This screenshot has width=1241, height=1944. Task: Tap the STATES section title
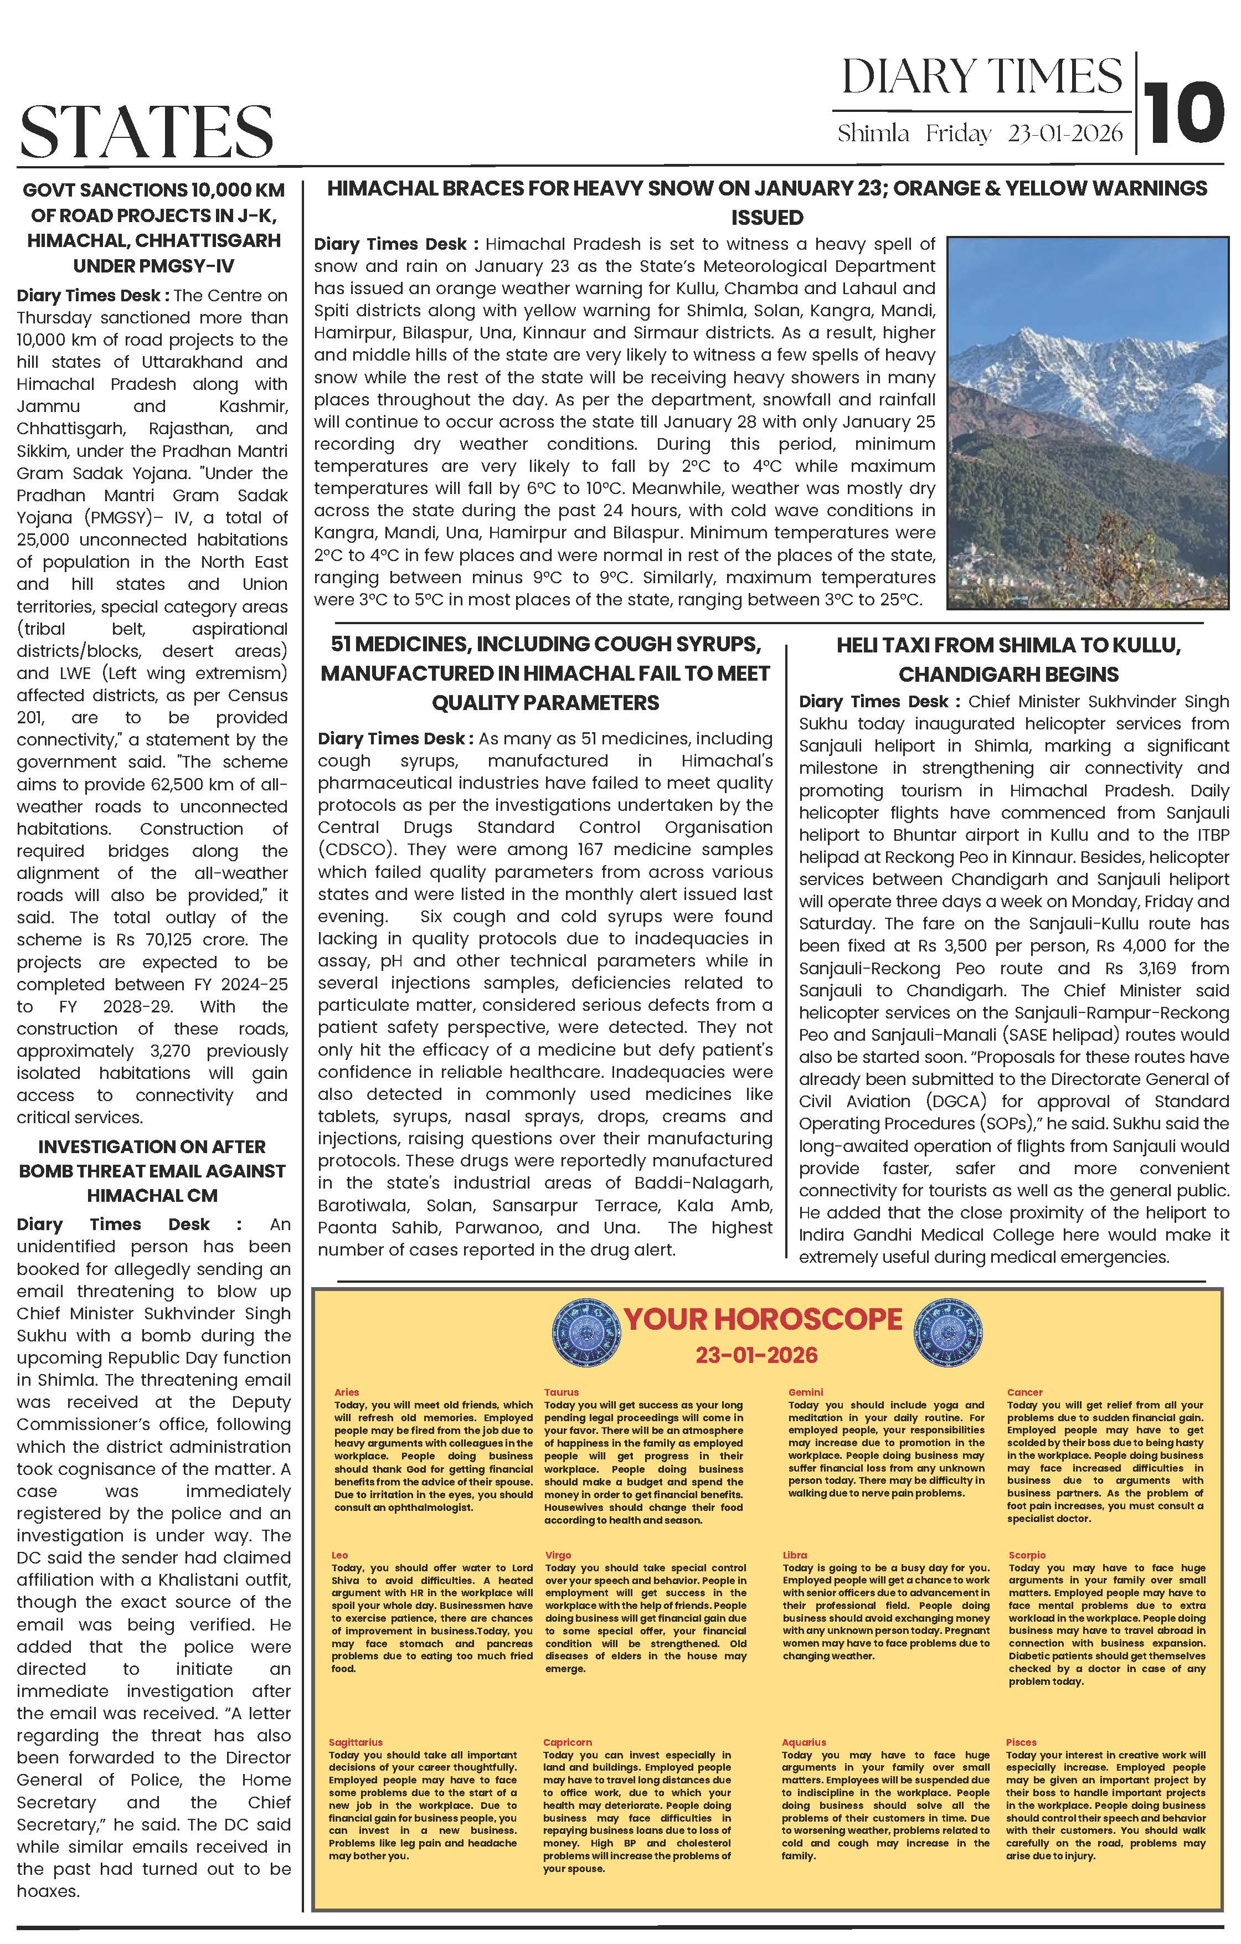point(146,131)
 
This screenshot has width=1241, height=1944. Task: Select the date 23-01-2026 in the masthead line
point(1065,133)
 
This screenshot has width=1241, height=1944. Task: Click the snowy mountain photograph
point(1087,421)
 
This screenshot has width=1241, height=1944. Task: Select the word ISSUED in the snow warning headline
point(766,218)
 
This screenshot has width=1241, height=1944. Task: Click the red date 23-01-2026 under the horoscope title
point(756,1355)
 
